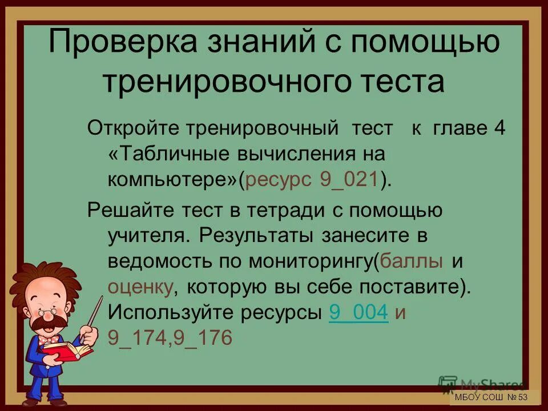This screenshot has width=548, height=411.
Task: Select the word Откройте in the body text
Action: click(x=133, y=129)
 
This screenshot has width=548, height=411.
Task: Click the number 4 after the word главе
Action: click(x=499, y=129)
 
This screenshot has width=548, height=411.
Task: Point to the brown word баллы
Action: click(x=412, y=261)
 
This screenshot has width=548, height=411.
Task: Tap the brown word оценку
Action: click(x=140, y=287)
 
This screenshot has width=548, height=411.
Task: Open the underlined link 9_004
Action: click(x=359, y=312)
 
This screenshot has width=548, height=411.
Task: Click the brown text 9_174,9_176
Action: click(x=170, y=338)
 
